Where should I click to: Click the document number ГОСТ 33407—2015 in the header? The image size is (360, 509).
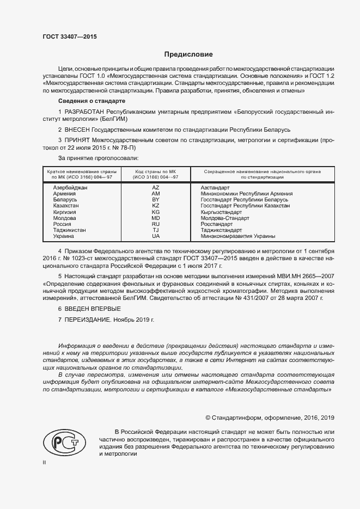tap(69, 38)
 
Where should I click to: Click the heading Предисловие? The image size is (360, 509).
tap(188, 54)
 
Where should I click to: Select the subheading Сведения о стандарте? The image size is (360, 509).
tap(91, 102)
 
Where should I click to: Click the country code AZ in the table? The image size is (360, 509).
tap(155, 187)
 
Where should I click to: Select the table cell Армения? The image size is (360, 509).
tap(65, 194)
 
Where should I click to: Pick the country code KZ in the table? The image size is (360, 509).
tap(155, 206)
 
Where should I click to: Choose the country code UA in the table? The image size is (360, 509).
tap(155, 236)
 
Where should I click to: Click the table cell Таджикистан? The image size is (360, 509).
tap(69, 230)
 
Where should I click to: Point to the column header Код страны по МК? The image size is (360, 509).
tap(155, 171)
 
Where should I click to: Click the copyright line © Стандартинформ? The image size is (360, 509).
tap(270, 418)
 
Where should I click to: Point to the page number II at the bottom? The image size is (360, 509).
tap(45, 462)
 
